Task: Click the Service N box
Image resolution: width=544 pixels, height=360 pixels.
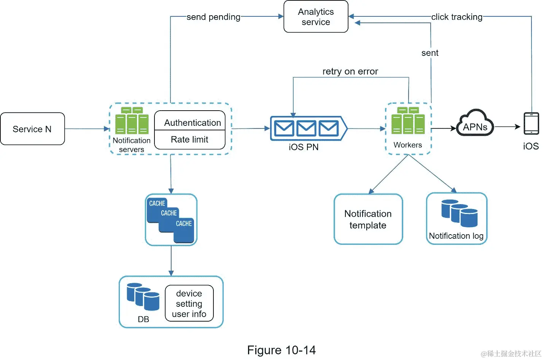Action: [32, 129]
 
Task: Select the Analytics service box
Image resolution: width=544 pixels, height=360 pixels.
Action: [316, 17]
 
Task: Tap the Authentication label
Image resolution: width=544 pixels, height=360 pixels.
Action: [192, 123]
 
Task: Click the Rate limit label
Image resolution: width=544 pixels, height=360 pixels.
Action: [189, 140]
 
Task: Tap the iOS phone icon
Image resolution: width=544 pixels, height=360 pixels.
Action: [531, 124]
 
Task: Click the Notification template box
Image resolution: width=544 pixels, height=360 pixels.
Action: [368, 219]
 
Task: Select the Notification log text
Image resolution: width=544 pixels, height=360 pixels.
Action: [456, 236]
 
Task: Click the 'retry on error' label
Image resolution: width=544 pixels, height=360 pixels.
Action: [350, 71]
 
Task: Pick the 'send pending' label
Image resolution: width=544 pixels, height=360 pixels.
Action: [213, 17]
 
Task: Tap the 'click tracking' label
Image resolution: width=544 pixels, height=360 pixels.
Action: [457, 17]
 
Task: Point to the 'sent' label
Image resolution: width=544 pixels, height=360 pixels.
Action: [430, 53]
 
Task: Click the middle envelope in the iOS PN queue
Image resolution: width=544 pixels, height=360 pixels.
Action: [306, 128]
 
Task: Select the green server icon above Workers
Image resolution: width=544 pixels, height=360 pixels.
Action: [408, 121]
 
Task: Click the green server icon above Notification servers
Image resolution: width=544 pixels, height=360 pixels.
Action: [132, 121]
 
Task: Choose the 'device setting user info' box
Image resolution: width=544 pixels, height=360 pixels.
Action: [189, 303]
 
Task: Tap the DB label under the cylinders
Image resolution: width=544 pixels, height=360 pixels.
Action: [143, 319]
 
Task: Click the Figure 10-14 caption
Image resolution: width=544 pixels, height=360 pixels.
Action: [281, 350]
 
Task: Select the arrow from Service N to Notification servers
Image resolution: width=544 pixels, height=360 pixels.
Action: [87, 129]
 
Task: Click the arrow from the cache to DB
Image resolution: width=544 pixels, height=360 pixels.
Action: [171, 261]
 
